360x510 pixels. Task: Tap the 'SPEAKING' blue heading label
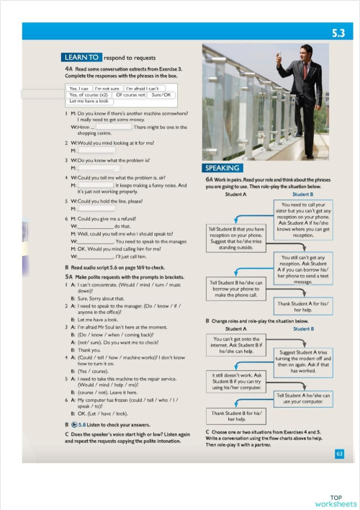pos(221,168)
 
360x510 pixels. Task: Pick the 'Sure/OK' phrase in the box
pos(162,94)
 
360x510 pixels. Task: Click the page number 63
pos(340,453)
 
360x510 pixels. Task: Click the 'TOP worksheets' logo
pos(336,500)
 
